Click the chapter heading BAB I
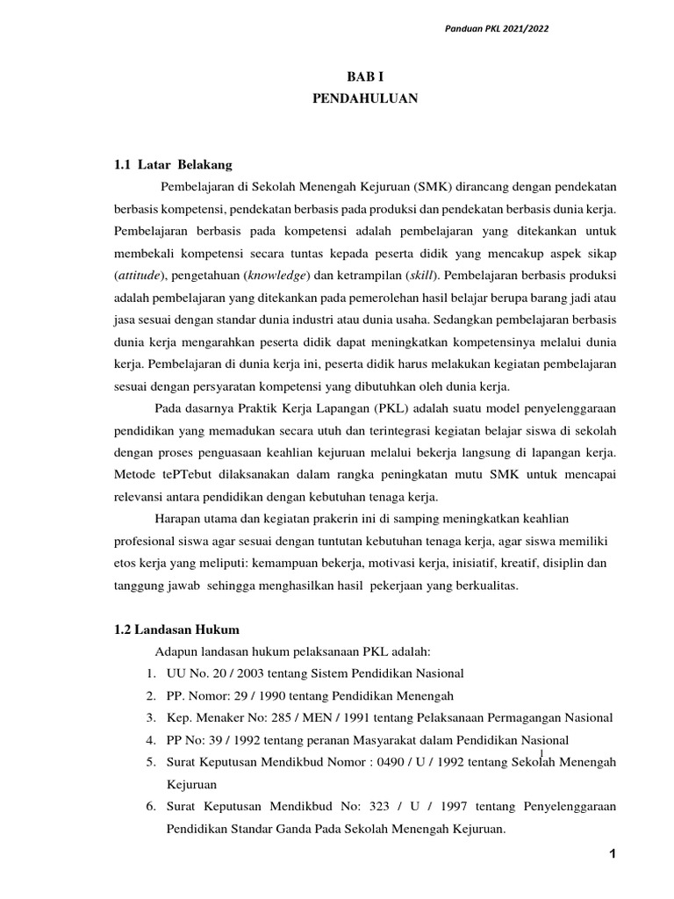(x=365, y=77)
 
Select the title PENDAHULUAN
(x=365, y=100)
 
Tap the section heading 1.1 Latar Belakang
(x=173, y=164)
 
